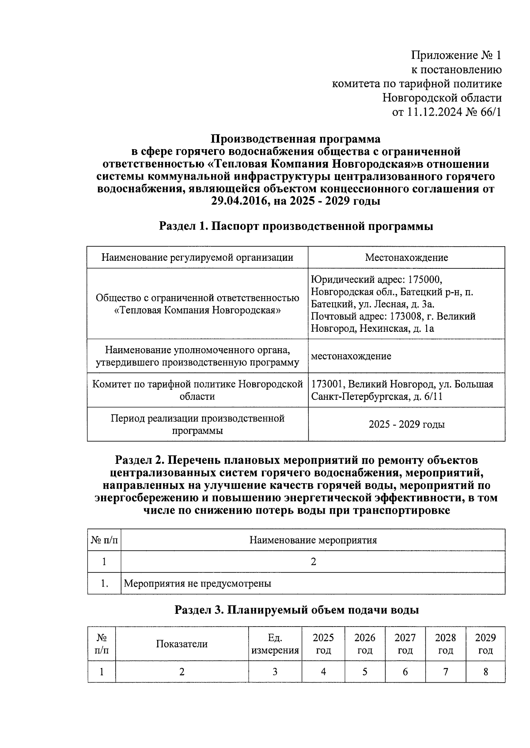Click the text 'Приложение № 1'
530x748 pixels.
click(456, 56)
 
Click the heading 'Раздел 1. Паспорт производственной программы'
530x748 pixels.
click(296, 226)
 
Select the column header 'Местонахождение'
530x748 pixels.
click(406, 257)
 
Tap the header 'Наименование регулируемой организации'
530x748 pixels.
click(197, 257)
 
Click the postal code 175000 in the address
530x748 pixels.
click(425, 280)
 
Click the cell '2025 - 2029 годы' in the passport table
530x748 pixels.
click(406, 425)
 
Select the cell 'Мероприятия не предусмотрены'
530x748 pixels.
click(197, 583)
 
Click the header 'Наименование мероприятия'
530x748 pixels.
click(313, 540)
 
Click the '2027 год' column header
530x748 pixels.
click(405, 644)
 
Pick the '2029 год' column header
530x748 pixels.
click(485, 644)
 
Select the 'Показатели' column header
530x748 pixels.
click(182, 644)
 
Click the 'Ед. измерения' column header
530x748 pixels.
click(275, 644)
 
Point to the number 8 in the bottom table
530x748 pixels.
click(485, 672)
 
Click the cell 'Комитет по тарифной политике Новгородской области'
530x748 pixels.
click(197, 390)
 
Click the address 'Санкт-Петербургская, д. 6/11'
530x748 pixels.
click(377, 396)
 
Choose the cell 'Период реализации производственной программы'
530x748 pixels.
click(197, 424)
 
